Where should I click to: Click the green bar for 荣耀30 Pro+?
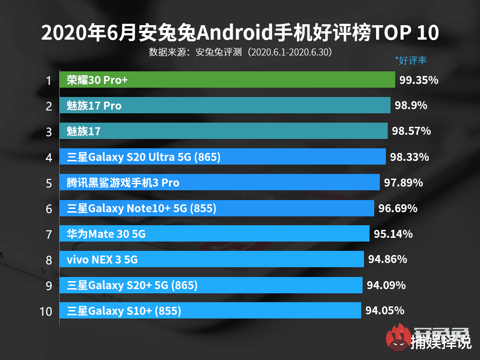tap(227, 80)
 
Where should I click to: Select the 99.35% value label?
tap(418, 80)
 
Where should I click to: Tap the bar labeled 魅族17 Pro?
tap(225, 106)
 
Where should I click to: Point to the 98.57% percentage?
tap(411, 132)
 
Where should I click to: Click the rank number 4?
tap(48, 158)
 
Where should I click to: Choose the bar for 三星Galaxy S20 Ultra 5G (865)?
tap(222, 157)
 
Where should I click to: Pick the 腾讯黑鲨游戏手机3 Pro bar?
tap(219, 182)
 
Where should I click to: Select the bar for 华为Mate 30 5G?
tap(214, 234)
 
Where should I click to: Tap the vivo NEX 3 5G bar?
tap(212, 259)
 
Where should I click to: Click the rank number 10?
tap(46, 311)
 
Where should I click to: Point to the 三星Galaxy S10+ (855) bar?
tap(210, 311)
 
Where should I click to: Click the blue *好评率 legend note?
tap(411, 60)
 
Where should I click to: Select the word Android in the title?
tap(236, 34)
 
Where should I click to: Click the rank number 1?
tap(48, 81)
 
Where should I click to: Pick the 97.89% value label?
tap(403, 183)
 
